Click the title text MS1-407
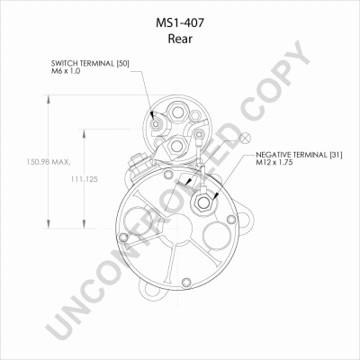(x=180, y=23)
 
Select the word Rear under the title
(x=180, y=39)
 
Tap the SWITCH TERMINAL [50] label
(x=90, y=64)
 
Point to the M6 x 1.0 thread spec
(x=66, y=71)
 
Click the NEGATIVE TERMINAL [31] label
(x=299, y=155)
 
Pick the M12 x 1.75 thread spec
(x=274, y=163)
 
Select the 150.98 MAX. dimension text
(x=49, y=162)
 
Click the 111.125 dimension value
(x=85, y=179)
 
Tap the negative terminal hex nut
(x=203, y=203)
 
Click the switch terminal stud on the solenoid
(x=156, y=124)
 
